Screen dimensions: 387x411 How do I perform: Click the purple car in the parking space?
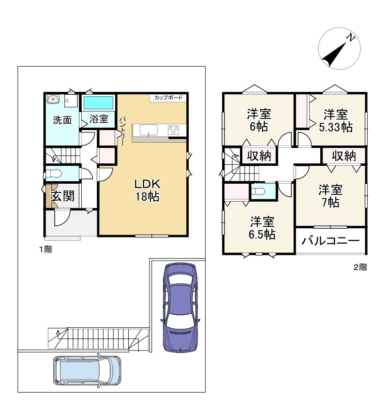180,308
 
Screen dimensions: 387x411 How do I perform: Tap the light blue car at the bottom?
87,370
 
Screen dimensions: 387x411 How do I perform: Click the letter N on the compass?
350,38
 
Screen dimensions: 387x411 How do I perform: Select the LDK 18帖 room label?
148,190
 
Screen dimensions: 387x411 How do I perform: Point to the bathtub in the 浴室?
98,103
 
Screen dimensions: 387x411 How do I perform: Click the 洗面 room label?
62,120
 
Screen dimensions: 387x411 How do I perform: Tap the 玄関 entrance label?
62,196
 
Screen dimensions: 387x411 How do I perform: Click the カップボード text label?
168,98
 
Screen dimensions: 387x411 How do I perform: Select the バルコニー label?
330,241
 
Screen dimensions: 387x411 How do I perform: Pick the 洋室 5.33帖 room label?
336,121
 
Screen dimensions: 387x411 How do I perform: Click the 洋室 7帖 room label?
330,196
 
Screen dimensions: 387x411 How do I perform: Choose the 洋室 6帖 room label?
259,120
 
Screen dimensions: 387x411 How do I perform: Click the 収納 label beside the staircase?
259,156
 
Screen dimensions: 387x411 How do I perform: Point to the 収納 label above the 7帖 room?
344,156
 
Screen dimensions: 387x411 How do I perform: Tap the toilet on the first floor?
54,174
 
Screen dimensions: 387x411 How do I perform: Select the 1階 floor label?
45,250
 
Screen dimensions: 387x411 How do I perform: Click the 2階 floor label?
360,267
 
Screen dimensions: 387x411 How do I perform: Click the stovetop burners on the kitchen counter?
173,130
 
